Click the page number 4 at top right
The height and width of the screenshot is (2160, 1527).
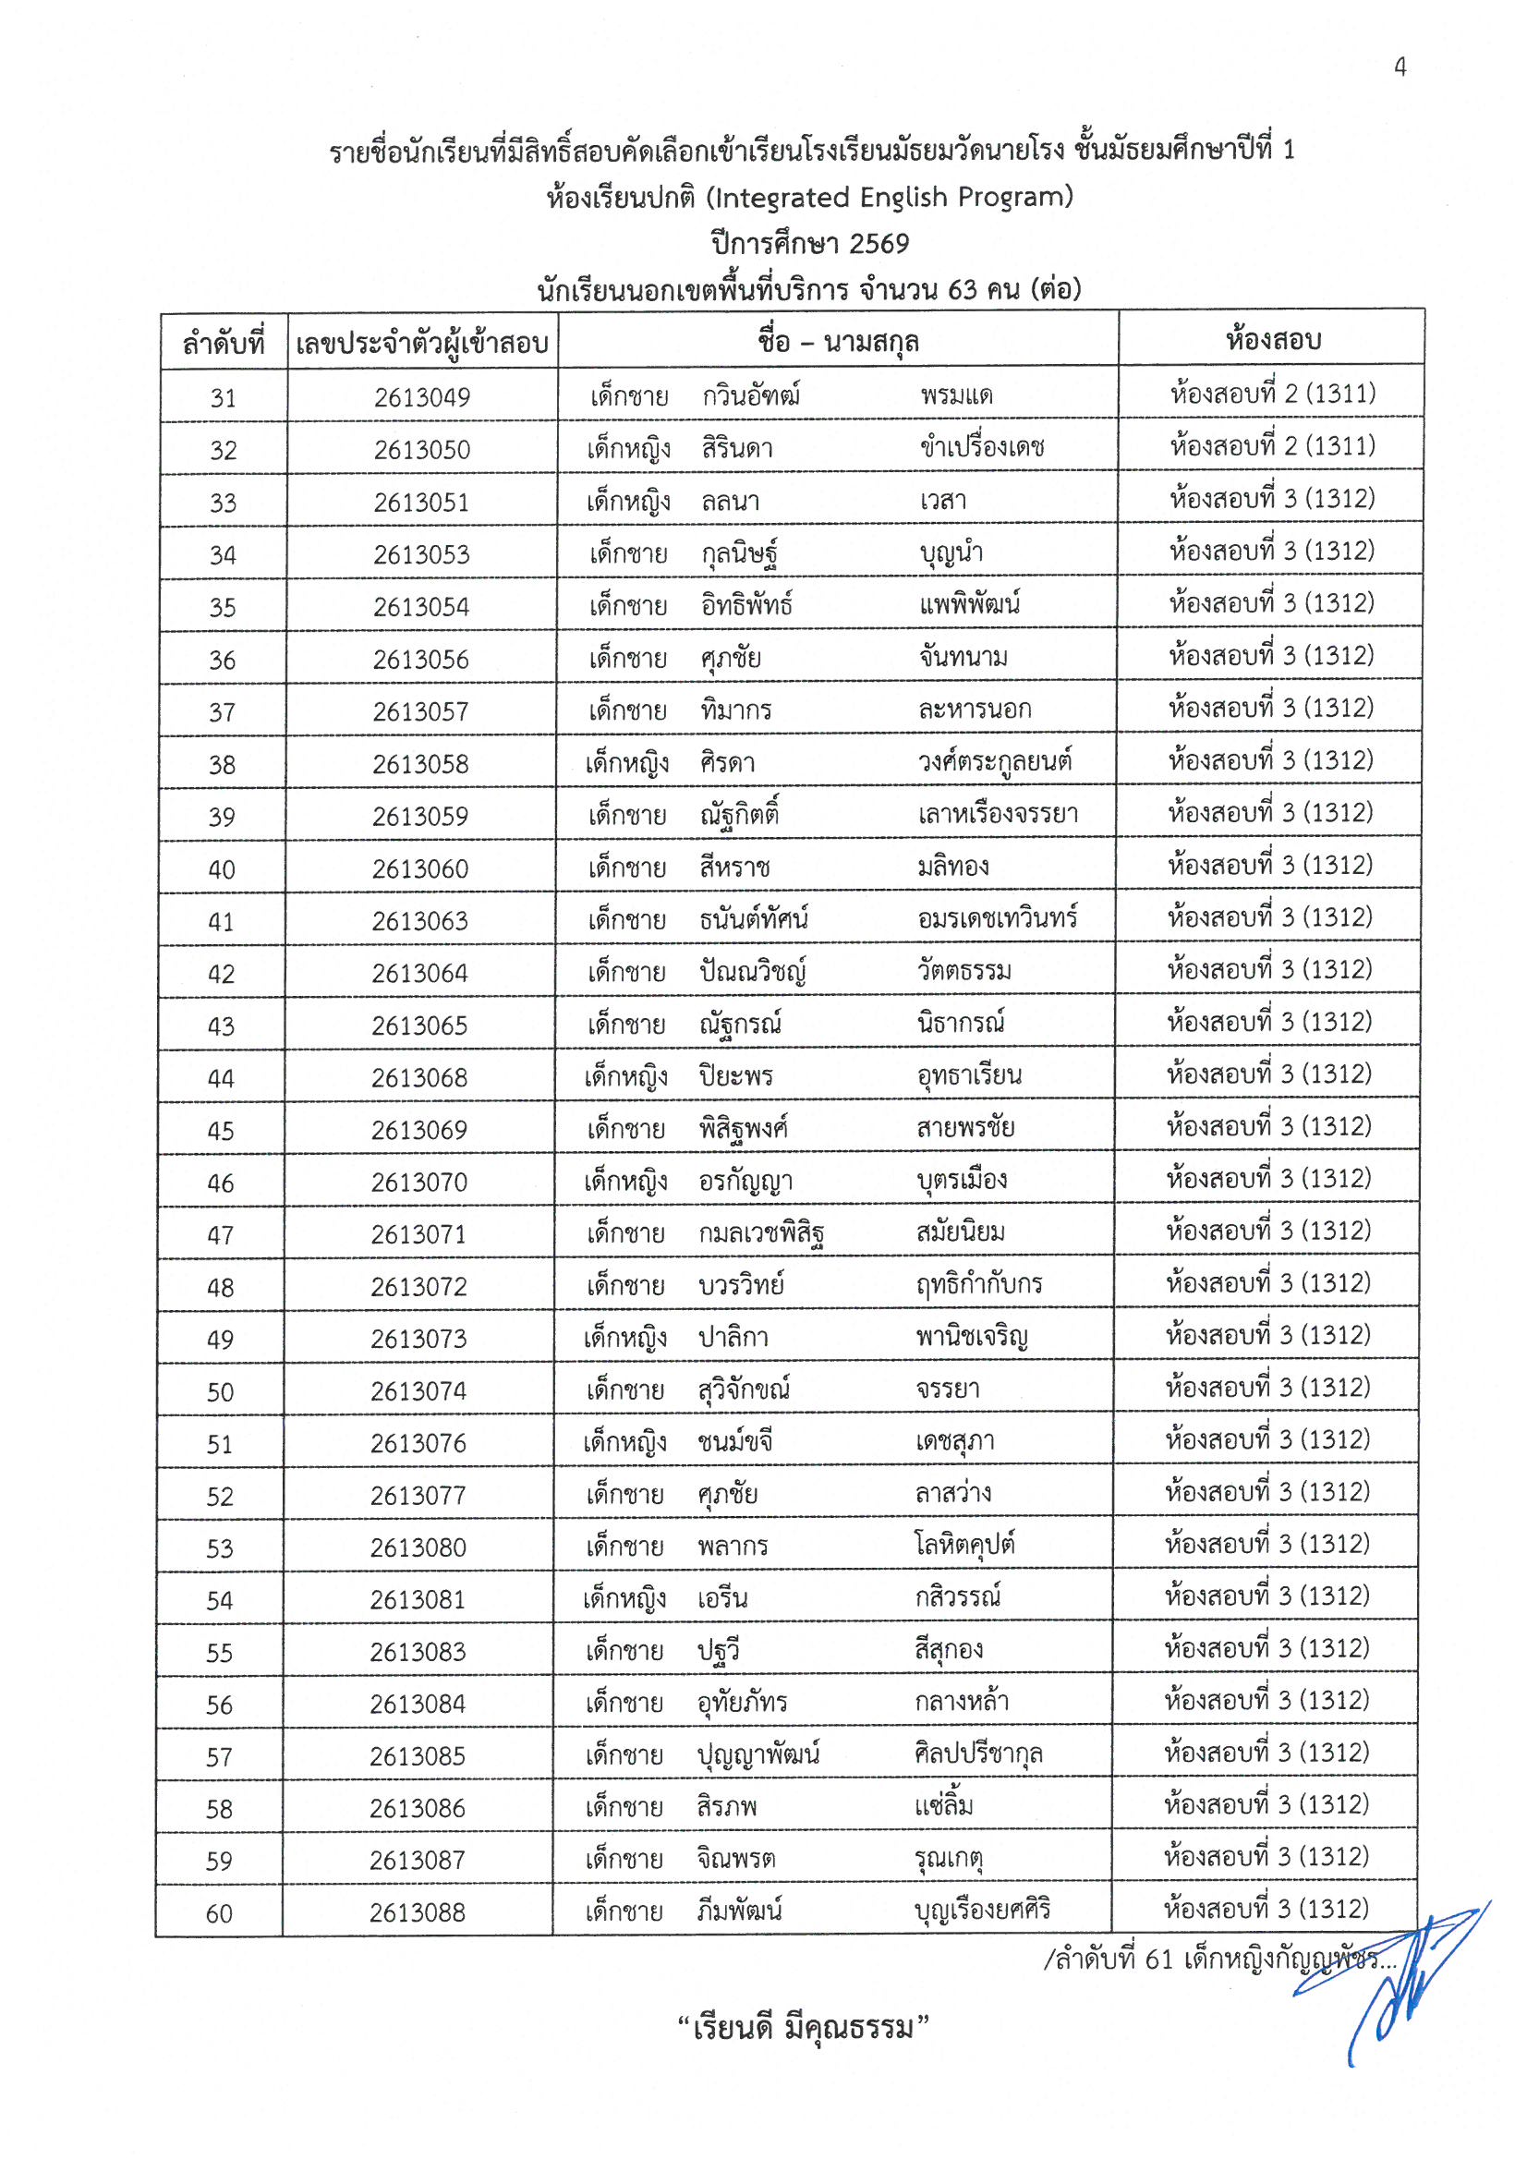pyautogui.click(x=1400, y=67)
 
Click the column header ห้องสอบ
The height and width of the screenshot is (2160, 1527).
pyautogui.click(x=1273, y=340)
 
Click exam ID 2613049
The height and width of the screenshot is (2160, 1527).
pyautogui.click(x=421, y=398)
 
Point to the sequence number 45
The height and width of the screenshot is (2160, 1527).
pyautogui.click(x=220, y=1131)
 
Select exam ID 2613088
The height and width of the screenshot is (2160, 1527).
pyautogui.click(x=418, y=1912)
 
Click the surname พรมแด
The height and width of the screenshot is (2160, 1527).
pyautogui.click(x=957, y=396)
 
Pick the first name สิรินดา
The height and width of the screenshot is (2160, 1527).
pyautogui.click(x=736, y=449)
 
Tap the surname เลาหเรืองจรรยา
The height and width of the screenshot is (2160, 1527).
pyautogui.click(x=999, y=815)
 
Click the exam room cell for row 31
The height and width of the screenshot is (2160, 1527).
pyautogui.click(x=1273, y=394)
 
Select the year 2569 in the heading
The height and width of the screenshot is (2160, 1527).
pyautogui.click(x=879, y=245)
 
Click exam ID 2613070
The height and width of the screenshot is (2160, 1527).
pyautogui.click(x=418, y=1183)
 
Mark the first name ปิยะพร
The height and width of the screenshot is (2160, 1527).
pyautogui.click(x=735, y=1077)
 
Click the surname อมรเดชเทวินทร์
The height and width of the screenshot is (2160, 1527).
pyautogui.click(x=998, y=919)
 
